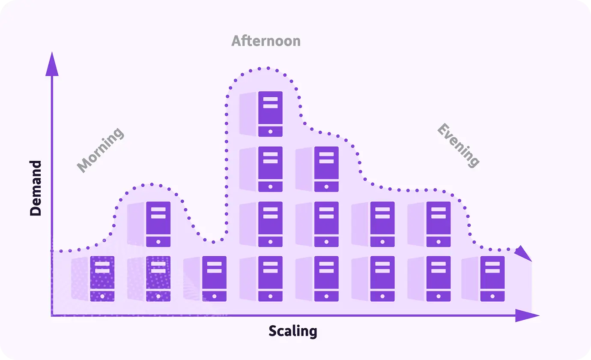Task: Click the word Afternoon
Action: coord(266,41)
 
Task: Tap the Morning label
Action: coord(101,150)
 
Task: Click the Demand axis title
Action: coord(36,188)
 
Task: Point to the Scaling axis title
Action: coord(293,331)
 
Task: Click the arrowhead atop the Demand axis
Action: coord(52,63)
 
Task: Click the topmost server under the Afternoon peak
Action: coord(270,114)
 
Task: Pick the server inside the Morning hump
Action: coord(158,224)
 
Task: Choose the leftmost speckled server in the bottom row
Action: coord(102,279)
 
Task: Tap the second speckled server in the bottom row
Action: coord(158,279)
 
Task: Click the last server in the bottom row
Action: coord(492,279)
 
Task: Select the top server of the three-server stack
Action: coord(326,169)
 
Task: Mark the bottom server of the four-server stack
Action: coord(270,279)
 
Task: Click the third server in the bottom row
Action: coord(214,279)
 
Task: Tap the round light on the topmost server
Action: coord(270,132)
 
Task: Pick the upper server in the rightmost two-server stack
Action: coord(439,224)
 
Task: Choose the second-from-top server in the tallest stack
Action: coord(270,169)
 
